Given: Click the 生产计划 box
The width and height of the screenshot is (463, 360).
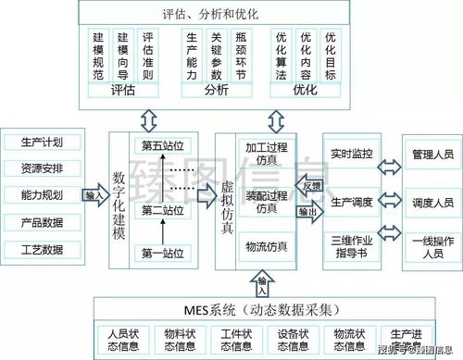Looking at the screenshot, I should [x=43, y=143].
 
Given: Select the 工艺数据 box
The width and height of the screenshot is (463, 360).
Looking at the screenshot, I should [x=43, y=250].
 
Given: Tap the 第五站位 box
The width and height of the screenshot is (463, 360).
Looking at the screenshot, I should [x=163, y=146].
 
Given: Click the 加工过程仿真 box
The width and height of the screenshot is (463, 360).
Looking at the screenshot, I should [x=267, y=154].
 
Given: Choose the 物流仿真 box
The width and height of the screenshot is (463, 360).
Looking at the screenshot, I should [x=267, y=247].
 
